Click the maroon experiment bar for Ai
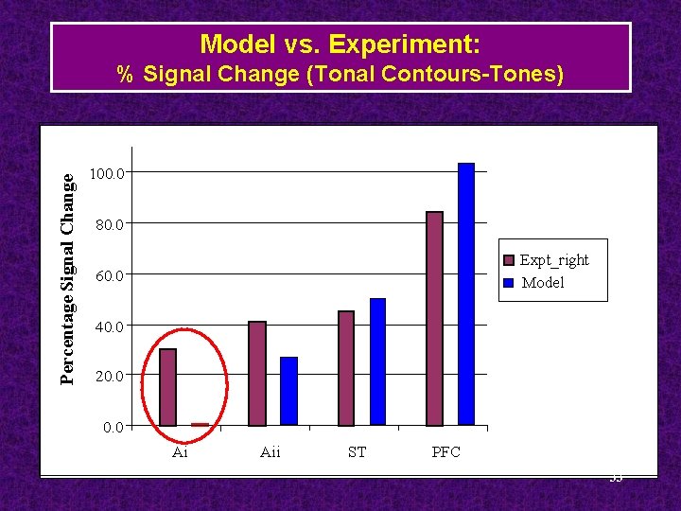pyautogui.click(x=167, y=387)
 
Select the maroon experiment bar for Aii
pyautogui.click(x=256, y=373)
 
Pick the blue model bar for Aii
pyautogui.click(x=288, y=391)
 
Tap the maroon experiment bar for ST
pyautogui.click(x=346, y=368)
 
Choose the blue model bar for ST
pyautogui.click(x=378, y=361)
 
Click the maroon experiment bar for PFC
pyautogui.click(x=434, y=318)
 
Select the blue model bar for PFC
pyautogui.click(x=466, y=293)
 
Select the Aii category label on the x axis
pyautogui.click(x=270, y=452)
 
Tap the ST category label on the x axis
pyautogui.click(x=357, y=452)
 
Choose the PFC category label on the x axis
pyautogui.click(x=445, y=452)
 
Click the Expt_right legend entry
pyautogui.click(x=554, y=260)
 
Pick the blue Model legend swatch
pyautogui.click(x=509, y=283)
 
